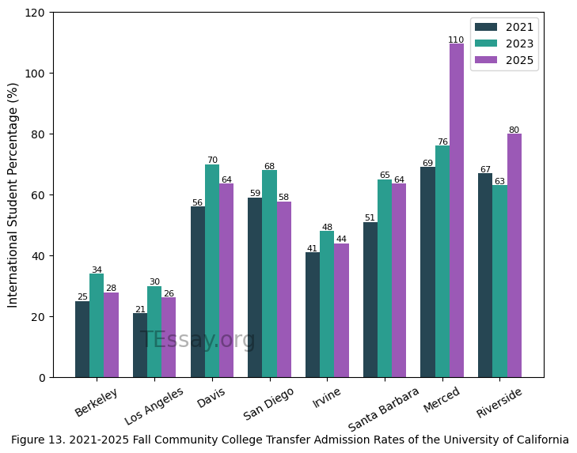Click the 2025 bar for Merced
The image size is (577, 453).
coord(457,210)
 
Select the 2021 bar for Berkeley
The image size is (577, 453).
coord(82,339)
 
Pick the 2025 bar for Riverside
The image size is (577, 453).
coord(514,255)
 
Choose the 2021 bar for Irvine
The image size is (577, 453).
coord(313,315)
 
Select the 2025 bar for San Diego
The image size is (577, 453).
coord(284,289)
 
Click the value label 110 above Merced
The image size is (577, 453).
coord(456,40)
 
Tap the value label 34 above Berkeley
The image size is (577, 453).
coord(97,270)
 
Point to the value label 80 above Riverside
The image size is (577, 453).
coord(514,130)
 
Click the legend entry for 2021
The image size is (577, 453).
coord(504,27)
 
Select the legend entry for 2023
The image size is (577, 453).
coord(504,43)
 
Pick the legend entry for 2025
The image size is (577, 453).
coord(504,60)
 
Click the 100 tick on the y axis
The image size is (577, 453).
coord(37,74)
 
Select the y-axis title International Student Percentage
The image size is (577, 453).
coord(13,194)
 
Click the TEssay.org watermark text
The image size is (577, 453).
coord(198,340)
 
